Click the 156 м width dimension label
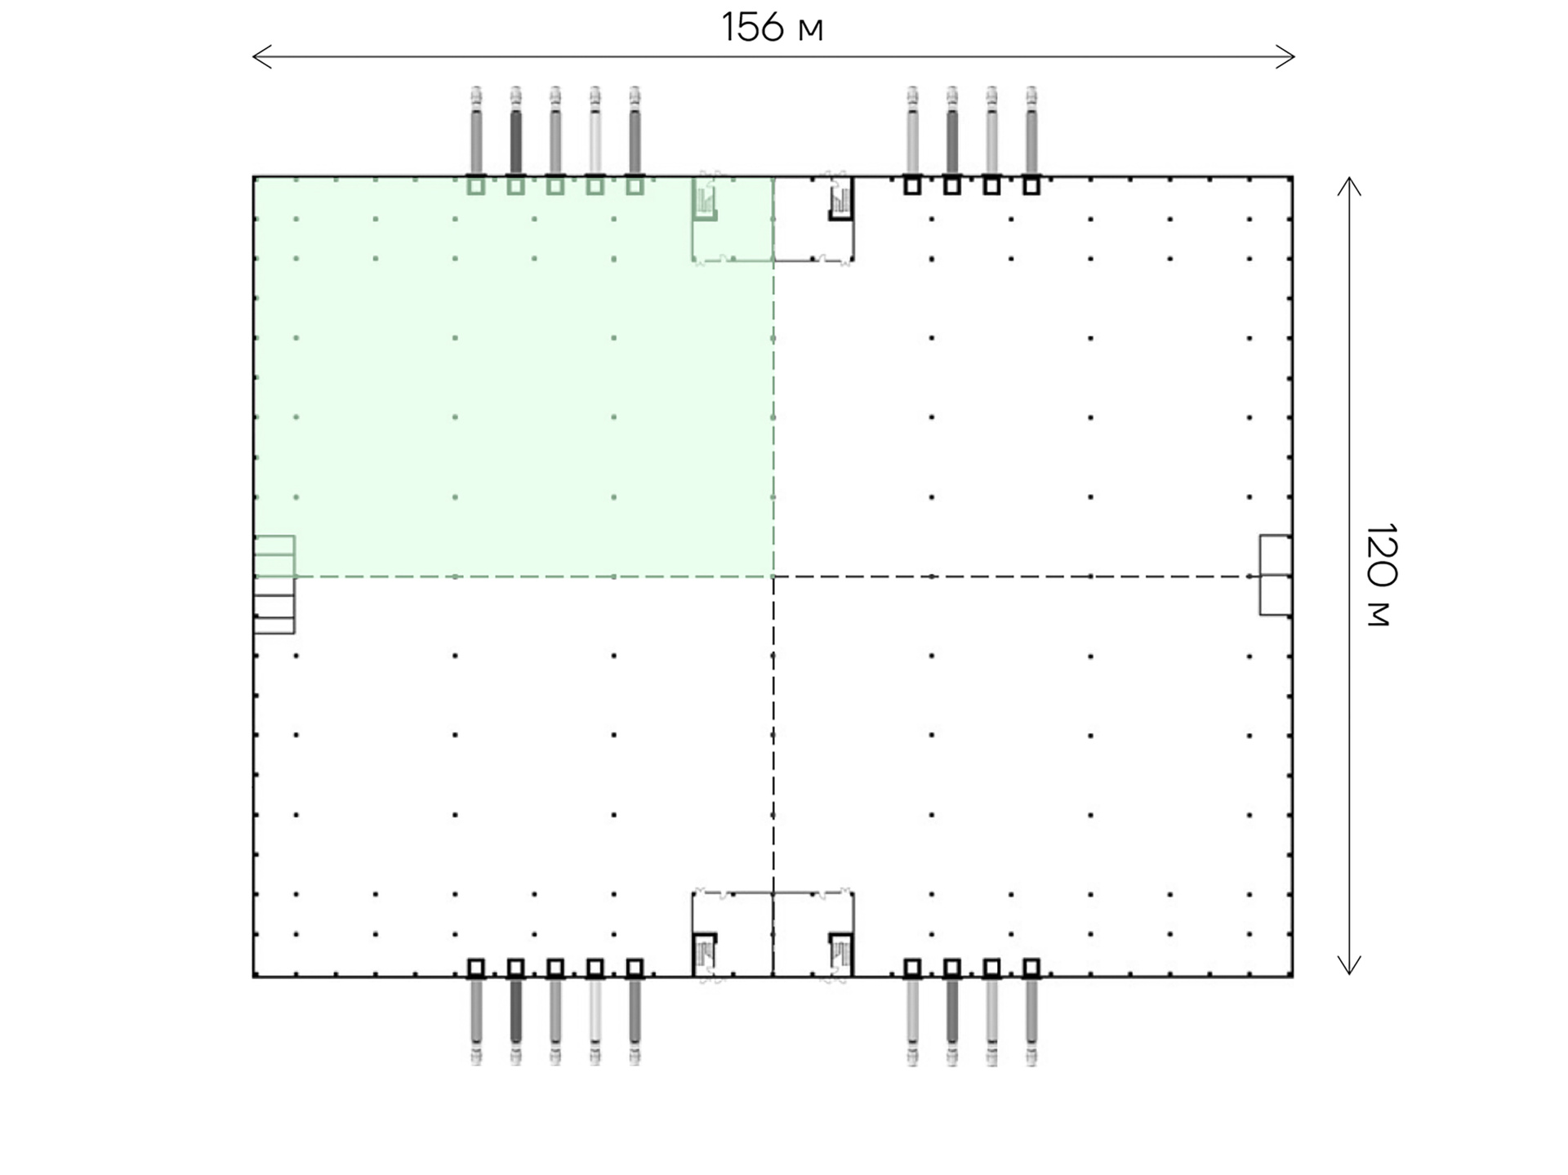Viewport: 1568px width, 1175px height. [772, 27]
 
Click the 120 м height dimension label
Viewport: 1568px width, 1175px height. [1381, 575]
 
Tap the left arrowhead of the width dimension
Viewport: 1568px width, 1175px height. [261, 57]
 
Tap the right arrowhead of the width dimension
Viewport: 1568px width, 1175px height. [1285, 57]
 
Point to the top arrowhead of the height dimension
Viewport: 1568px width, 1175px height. [1349, 185]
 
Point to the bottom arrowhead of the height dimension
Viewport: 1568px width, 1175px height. [1349, 966]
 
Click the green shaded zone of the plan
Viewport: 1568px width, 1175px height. [514, 376]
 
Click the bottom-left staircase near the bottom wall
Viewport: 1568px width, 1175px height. [705, 955]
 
